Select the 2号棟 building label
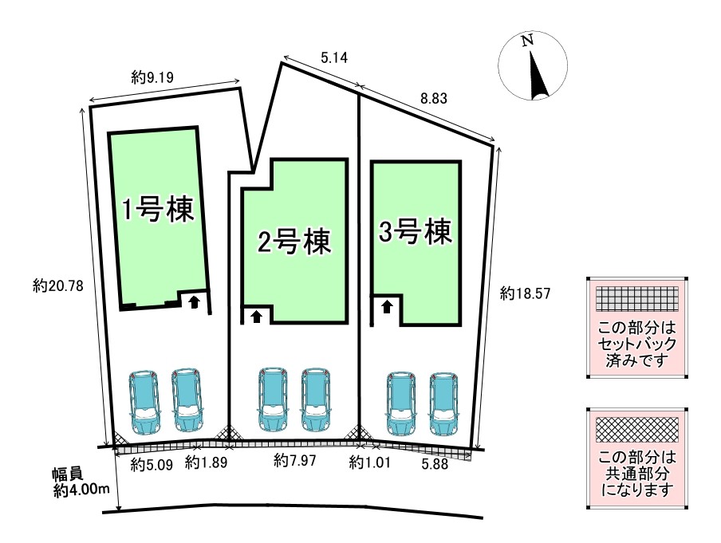tap(293, 242)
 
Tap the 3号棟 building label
tap(416, 232)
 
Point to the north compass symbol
tap(533, 67)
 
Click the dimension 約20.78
tap(53, 285)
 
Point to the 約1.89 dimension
tap(205, 462)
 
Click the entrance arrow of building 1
tap(193, 302)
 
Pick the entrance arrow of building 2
tap(256, 316)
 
